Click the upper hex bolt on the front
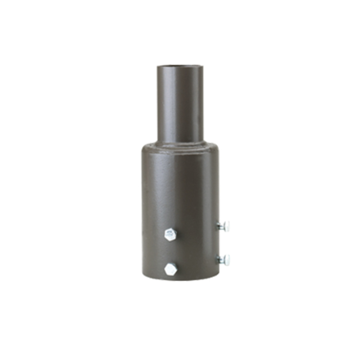pyautogui.click(x=170, y=234)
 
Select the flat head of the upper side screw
pyautogui.click(x=227, y=226)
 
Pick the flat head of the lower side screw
pyautogui.click(x=227, y=259)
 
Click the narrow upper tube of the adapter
pyautogui.click(x=180, y=104)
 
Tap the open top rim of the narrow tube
pyautogui.click(x=180, y=66)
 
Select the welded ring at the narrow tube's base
pyautogui.click(x=180, y=144)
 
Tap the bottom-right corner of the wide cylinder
pyautogui.click(x=217, y=276)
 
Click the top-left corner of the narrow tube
pyautogui.click(x=157, y=67)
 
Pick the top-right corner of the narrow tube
pyautogui.click(x=203, y=67)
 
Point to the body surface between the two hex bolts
pyautogui.click(x=170, y=252)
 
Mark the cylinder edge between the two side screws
pyautogui.click(x=217, y=243)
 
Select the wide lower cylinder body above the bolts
pyautogui.click(x=180, y=187)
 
